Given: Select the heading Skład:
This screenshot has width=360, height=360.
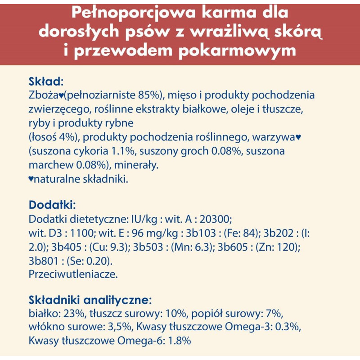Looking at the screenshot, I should pyautogui.click(x=46, y=82).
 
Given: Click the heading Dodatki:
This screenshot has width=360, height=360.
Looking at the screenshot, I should pyautogui.click(x=52, y=205).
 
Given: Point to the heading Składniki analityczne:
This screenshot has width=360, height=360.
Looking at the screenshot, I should pyautogui.click(x=90, y=300).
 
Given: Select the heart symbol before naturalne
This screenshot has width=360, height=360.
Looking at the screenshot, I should pyautogui.click(x=31, y=179).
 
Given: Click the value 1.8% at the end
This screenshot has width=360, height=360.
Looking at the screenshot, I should pyautogui.click(x=179, y=341).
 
